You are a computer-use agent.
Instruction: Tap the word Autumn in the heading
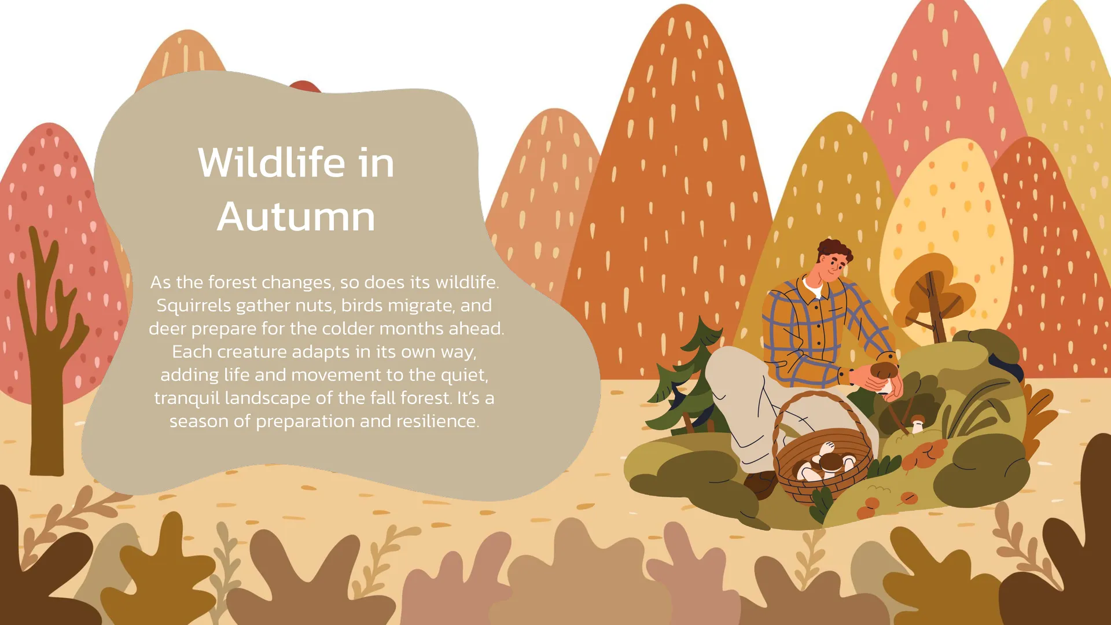tap(296, 217)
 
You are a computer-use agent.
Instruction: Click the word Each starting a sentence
tap(192, 352)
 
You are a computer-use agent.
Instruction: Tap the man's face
tap(833, 269)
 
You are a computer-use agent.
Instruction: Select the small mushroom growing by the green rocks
tap(917, 423)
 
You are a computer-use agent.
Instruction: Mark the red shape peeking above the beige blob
tap(305, 87)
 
